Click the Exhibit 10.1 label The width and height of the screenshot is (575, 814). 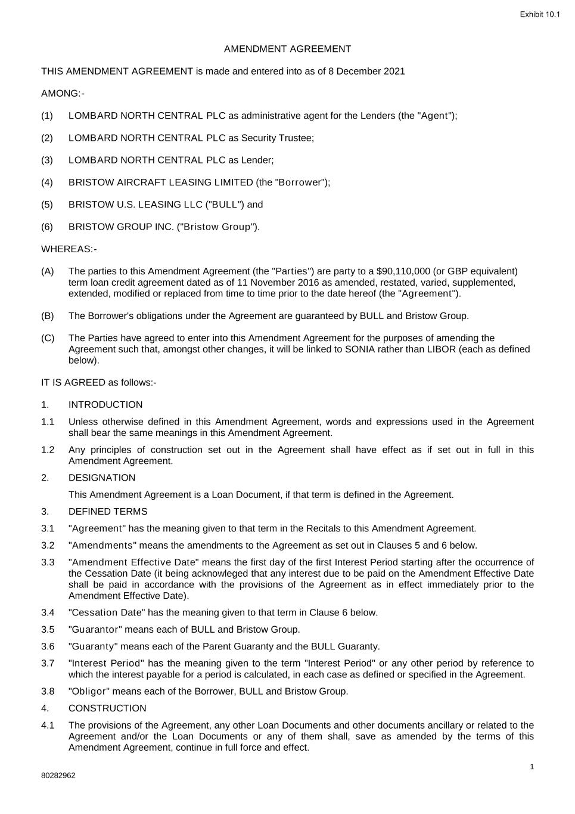point(540,14)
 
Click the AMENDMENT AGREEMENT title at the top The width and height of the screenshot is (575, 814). point(287,49)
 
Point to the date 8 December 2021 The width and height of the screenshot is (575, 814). point(366,72)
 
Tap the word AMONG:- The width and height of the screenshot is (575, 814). point(63,94)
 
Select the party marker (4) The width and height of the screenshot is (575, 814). point(47,182)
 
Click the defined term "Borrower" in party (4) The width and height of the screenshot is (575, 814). point(298,182)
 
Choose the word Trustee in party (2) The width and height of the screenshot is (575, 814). point(296,138)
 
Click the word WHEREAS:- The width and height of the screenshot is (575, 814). point(69,249)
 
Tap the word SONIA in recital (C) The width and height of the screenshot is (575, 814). point(359,349)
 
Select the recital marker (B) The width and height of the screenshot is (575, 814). point(47,316)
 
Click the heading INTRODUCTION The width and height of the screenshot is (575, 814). point(105,405)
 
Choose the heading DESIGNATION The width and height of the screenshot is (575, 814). point(102,478)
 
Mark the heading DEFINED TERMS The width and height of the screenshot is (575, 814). point(108,512)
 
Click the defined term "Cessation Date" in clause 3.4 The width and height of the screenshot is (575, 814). point(107,613)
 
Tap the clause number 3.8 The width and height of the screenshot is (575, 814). point(48,692)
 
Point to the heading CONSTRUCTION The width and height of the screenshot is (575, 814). point(107,708)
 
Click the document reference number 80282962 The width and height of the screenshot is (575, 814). point(58,776)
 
